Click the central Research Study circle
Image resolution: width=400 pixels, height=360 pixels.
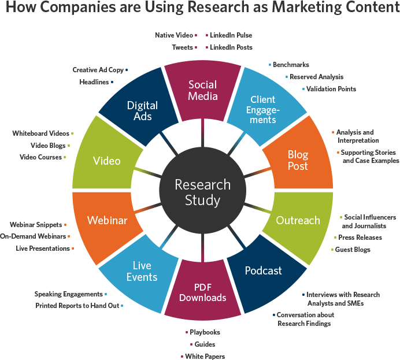202,191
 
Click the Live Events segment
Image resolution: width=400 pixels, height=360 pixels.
140,273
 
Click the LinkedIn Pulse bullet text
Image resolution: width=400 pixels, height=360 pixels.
231,35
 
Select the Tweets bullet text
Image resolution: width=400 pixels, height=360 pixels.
183,47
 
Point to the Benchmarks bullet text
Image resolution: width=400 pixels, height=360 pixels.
291,65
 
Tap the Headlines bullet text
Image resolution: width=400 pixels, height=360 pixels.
94,82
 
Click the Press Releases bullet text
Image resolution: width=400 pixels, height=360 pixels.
360,237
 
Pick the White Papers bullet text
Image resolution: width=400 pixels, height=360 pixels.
205,357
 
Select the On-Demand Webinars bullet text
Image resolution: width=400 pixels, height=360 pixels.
33,236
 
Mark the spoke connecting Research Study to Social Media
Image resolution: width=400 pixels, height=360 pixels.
202,133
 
